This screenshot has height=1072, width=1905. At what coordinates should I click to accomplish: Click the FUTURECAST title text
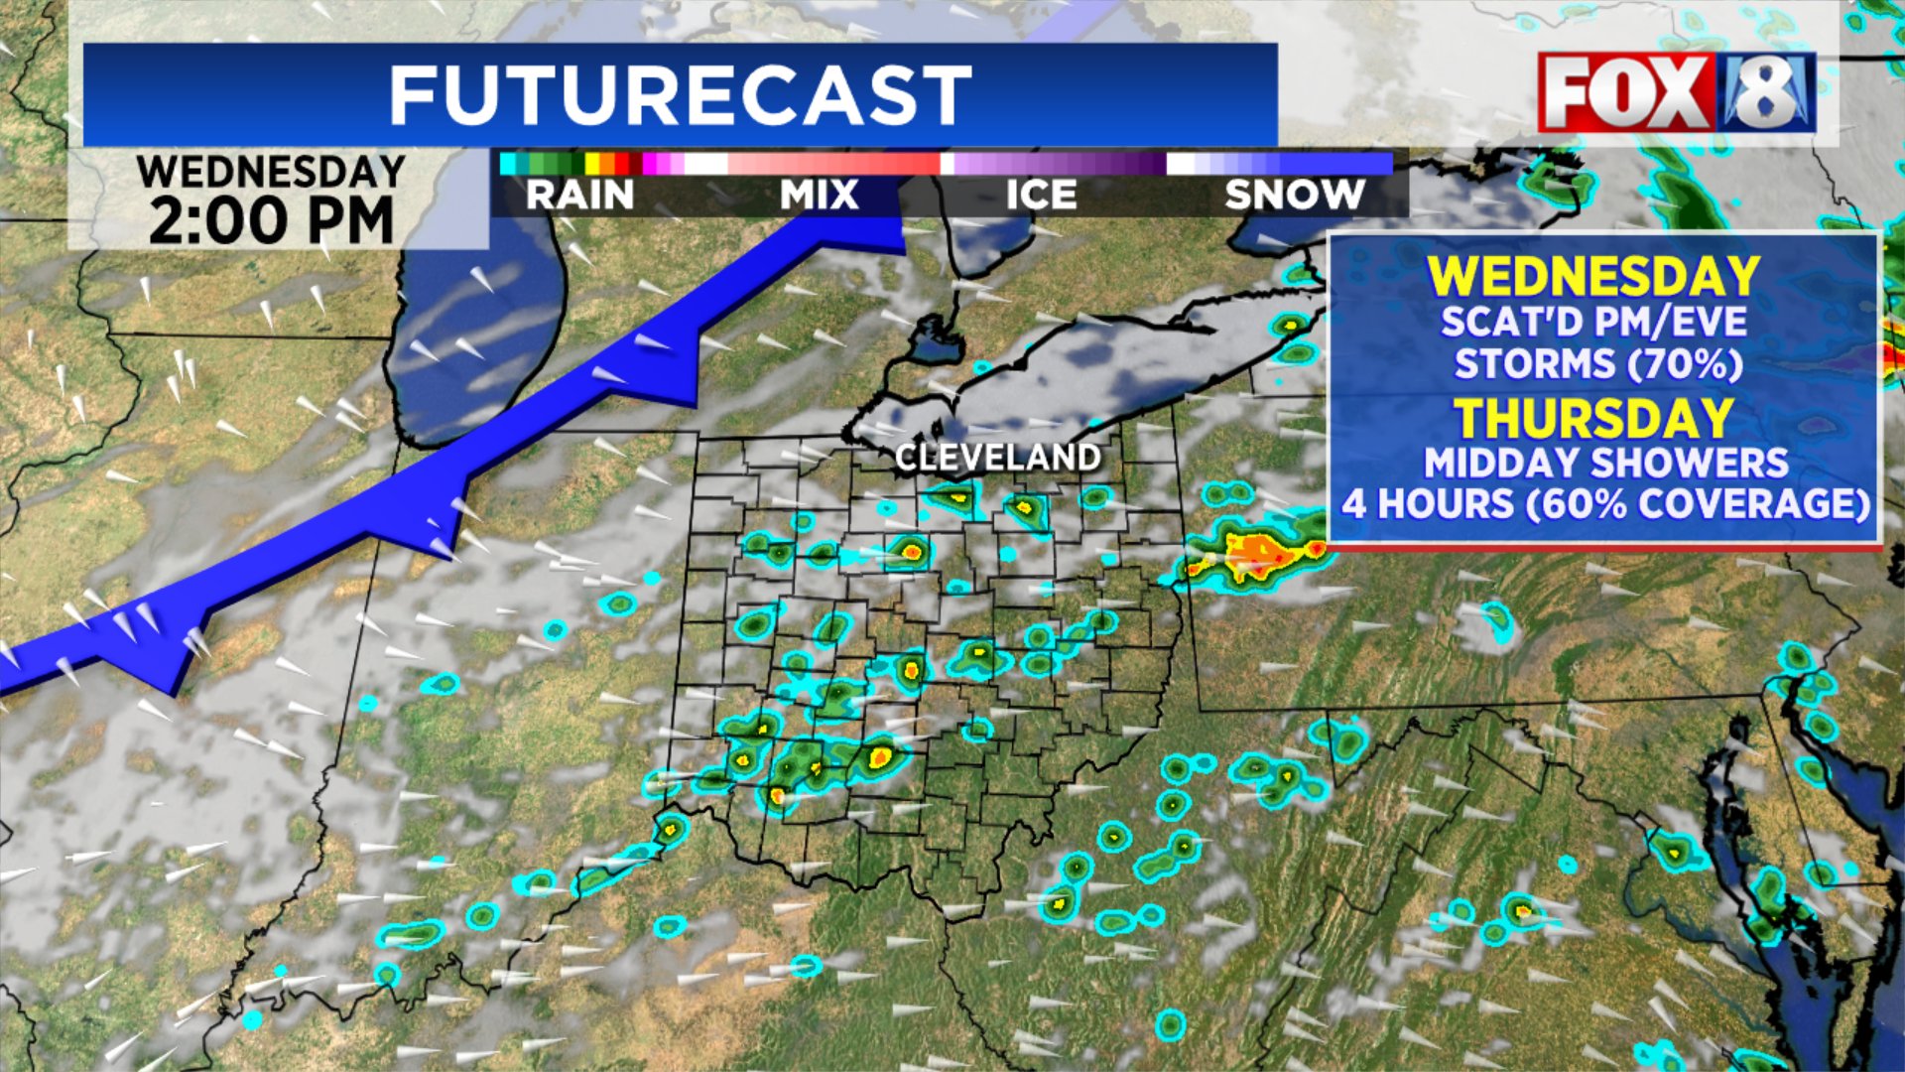[x=680, y=95]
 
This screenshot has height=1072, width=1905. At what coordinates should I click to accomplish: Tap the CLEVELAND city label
[x=997, y=458]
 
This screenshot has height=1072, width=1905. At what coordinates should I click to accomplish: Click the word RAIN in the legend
[x=579, y=195]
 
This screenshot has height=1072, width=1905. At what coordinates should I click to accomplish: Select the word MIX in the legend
[x=819, y=195]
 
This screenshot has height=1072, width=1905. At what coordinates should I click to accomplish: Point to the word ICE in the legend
[x=1041, y=195]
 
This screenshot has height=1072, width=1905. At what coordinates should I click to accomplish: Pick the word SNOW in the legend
[x=1295, y=195]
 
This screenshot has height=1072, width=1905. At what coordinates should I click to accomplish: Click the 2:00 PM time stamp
[x=271, y=220]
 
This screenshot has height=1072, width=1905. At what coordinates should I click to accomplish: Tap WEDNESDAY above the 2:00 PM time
[x=271, y=172]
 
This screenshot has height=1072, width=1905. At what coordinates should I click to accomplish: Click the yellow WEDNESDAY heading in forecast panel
[x=1593, y=276]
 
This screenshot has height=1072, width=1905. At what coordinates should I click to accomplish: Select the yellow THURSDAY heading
[x=1593, y=418]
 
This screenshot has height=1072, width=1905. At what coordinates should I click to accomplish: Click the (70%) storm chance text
[x=1683, y=364]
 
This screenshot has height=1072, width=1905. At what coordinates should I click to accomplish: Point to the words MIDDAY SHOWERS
[x=1605, y=463]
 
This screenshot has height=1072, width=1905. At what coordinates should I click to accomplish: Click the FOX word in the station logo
[x=1624, y=94]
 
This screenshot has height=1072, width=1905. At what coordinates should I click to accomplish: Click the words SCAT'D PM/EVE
[x=1593, y=322]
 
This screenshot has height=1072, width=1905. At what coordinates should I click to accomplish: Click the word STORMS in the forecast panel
[x=1534, y=364]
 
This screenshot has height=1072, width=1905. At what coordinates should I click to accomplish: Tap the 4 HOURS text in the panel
[x=1427, y=504]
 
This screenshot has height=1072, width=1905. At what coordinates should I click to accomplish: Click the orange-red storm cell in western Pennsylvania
[x=1256, y=554]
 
